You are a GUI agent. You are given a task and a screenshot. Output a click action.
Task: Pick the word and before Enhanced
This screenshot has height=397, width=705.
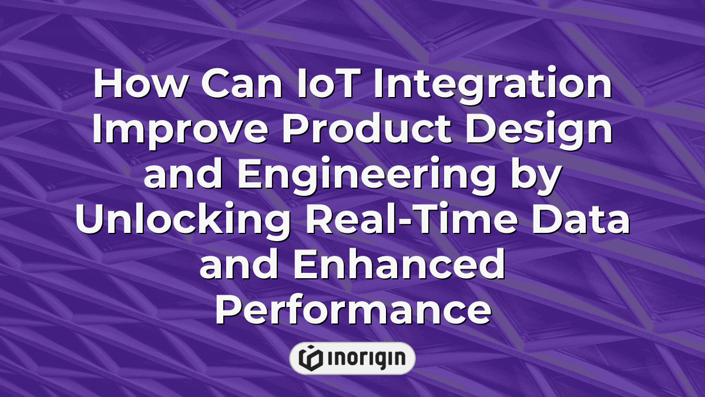coord(239,265)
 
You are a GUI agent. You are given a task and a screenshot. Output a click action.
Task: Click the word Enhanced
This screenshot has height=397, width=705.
coord(399,265)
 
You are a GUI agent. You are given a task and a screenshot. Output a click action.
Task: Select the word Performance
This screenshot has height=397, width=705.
coord(352,311)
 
